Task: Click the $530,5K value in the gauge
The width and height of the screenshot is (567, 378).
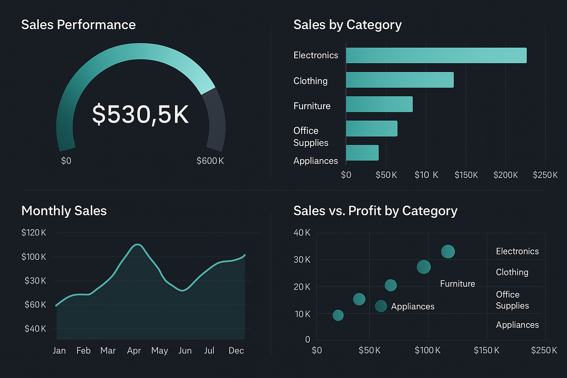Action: pyautogui.click(x=140, y=114)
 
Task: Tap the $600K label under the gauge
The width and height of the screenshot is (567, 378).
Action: pyautogui.click(x=210, y=161)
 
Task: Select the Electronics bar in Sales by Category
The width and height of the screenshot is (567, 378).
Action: pyautogui.click(x=436, y=55)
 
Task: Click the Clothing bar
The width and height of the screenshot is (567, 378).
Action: pyautogui.click(x=399, y=80)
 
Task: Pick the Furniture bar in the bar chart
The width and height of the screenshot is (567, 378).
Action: pyautogui.click(x=379, y=104)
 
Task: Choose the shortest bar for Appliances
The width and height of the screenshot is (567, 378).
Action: pyautogui.click(x=362, y=153)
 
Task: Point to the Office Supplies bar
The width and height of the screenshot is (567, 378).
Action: pyautogui.click(x=371, y=128)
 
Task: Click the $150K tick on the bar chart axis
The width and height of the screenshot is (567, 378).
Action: pyautogui.click(x=466, y=175)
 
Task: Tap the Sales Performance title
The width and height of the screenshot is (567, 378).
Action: pyautogui.click(x=78, y=25)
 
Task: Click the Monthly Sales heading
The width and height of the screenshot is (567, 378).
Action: pyautogui.click(x=64, y=211)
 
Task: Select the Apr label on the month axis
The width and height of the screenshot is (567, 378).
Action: pyautogui.click(x=134, y=350)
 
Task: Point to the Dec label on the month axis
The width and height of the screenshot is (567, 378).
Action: pyautogui.click(x=236, y=350)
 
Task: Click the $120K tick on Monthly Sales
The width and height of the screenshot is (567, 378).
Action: pyautogui.click(x=34, y=233)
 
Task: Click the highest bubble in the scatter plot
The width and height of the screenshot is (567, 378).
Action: pyautogui.click(x=448, y=251)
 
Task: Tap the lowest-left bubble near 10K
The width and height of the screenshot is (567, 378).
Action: pyautogui.click(x=338, y=315)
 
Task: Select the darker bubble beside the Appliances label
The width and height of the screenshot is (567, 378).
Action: pyautogui.click(x=381, y=306)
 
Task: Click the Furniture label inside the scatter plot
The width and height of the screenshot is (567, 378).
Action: pyautogui.click(x=457, y=283)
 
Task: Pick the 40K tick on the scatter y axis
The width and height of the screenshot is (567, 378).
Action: pyautogui.click(x=302, y=233)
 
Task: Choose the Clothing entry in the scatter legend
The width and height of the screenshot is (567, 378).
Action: pyautogui.click(x=512, y=272)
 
